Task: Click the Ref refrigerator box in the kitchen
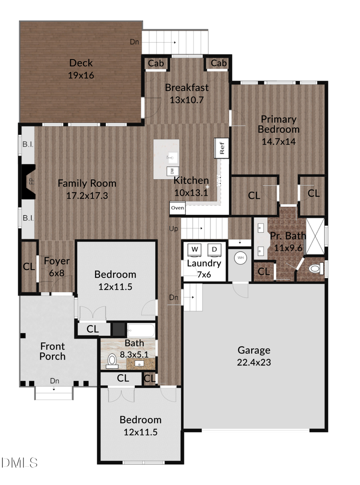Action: (222, 147)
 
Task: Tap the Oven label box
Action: (178, 208)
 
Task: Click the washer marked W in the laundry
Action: (195, 249)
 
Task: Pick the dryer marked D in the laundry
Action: (214, 249)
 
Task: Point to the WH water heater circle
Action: (240, 258)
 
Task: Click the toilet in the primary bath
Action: (316, 268)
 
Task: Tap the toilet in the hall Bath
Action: (112, 360)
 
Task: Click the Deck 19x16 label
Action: (81, 69)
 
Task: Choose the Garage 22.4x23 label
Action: (254, 356)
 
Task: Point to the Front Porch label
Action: (52, 351)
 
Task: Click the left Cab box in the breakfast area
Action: (156, 64)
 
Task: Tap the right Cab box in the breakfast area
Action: (218, 64)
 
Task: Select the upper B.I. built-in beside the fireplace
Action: (28, 144)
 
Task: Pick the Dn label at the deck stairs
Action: (135, 42)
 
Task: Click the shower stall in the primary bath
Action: (315, 236)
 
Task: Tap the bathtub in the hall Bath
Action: (140, 331)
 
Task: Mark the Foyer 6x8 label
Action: (57, 266)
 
